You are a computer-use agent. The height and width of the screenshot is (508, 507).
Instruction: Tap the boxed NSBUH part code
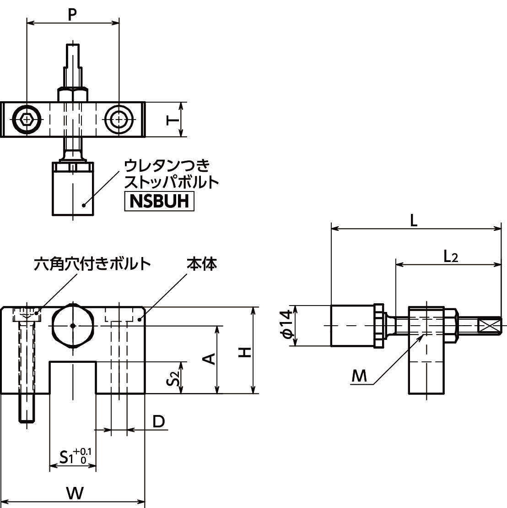point(159,202)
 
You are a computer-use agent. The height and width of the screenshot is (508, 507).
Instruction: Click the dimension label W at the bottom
point(75,493)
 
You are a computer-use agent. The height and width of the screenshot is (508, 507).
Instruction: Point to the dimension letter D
point(158,421)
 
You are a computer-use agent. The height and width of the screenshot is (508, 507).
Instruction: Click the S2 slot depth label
point(172,378)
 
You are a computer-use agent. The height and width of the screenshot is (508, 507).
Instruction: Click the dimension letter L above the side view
point(414,220)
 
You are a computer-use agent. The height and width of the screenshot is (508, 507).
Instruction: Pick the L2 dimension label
point(450,257)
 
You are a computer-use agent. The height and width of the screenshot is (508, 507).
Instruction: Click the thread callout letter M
point(360,376)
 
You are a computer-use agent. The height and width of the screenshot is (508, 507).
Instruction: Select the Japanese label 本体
point(201,264)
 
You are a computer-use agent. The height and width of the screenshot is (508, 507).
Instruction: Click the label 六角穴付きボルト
point(92,264)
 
